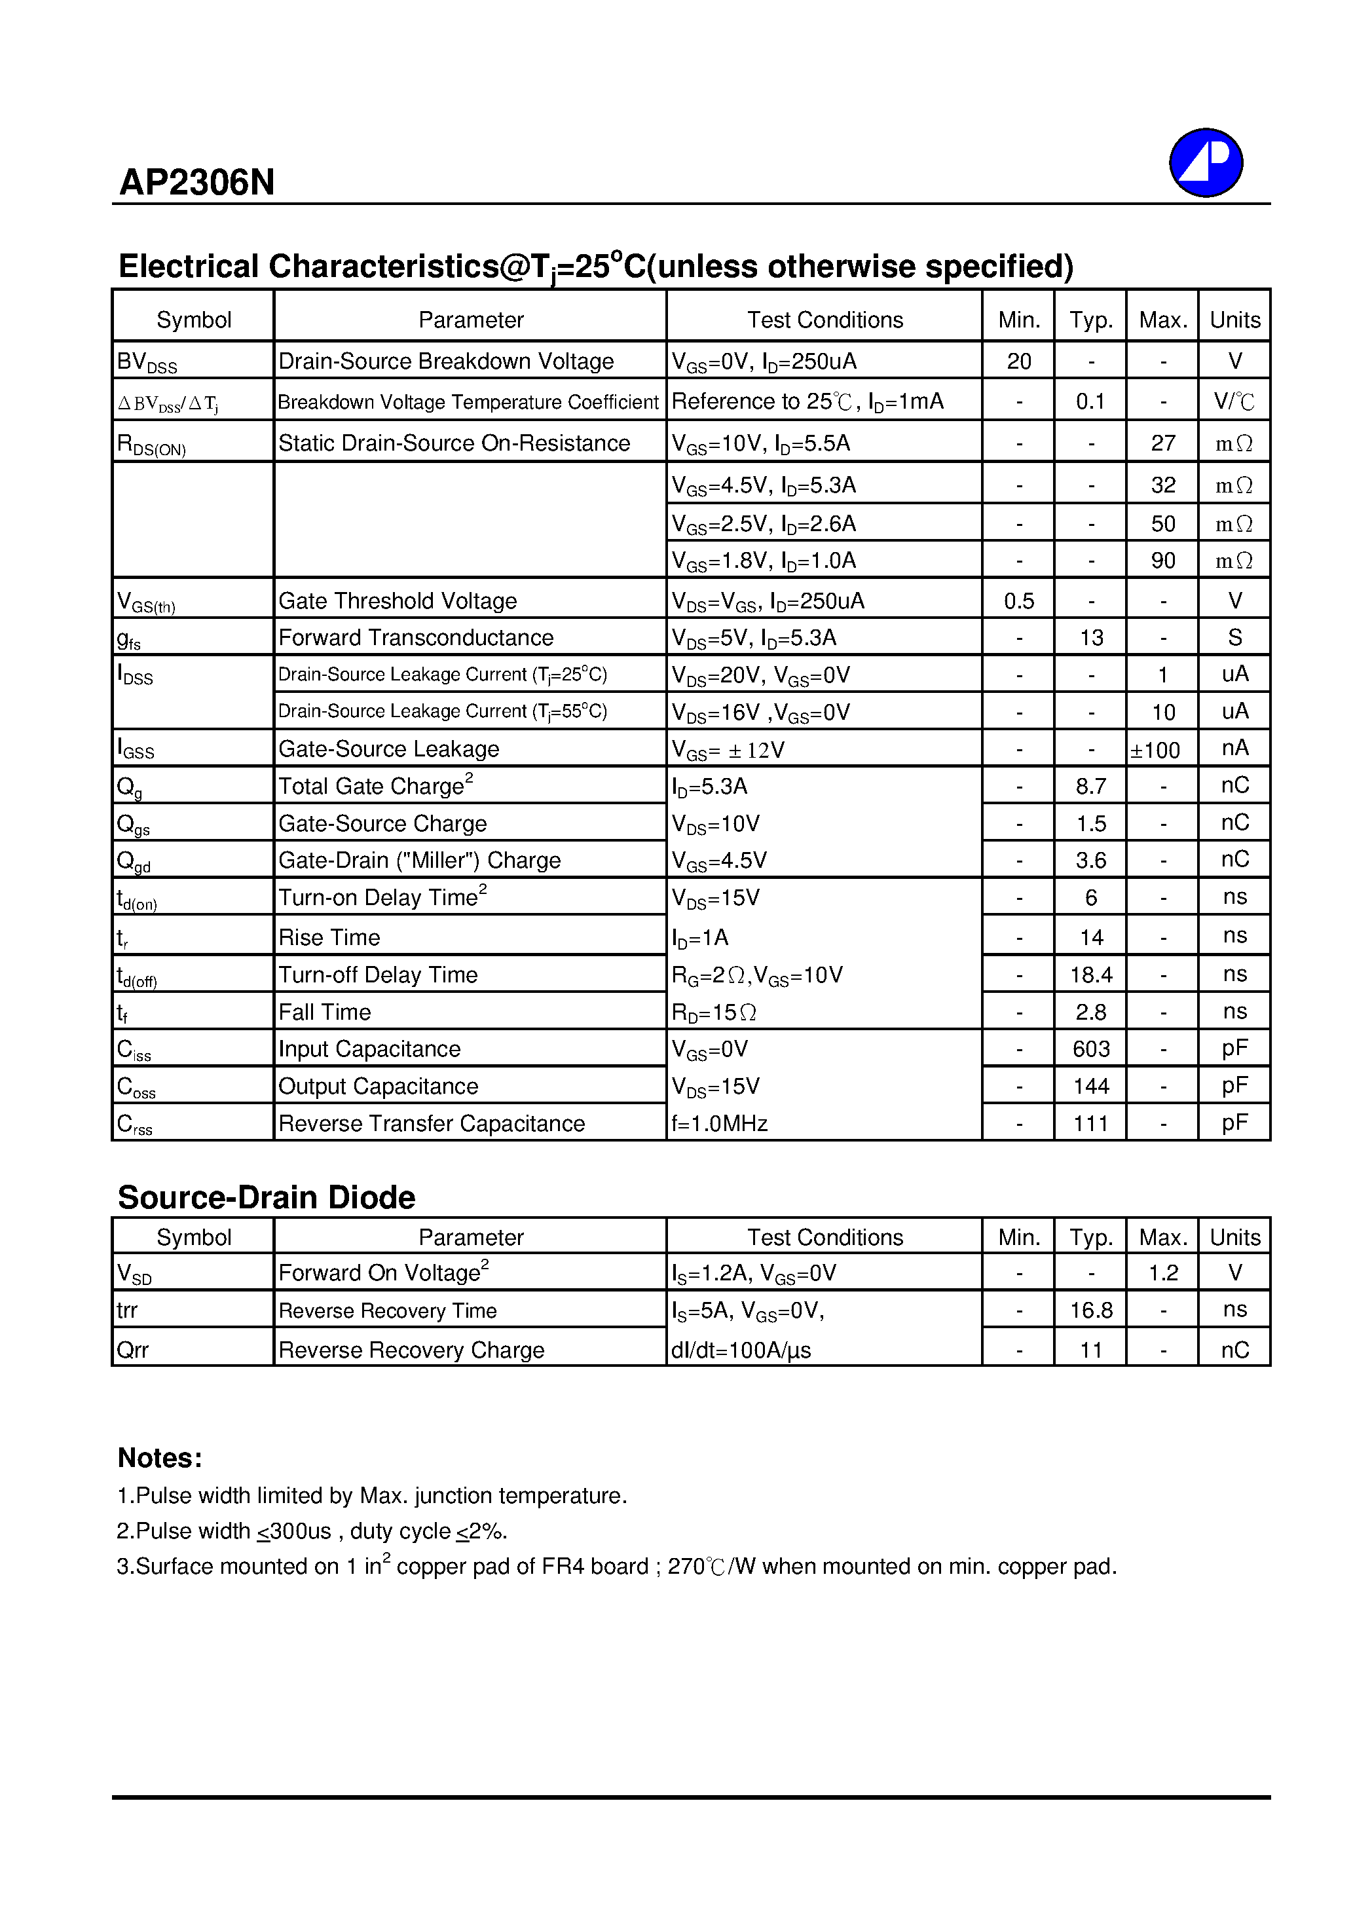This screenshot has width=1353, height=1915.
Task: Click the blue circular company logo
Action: pyautogui.click(x=1206, y=162)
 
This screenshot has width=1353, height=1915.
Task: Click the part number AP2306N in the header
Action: pyautogui.click(x=197, y=182)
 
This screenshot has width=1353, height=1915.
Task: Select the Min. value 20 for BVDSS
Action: pyautogui.click(x=1018, y=361)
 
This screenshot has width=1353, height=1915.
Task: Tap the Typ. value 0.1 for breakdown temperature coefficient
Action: pyautogui.click(x=1090, y=402)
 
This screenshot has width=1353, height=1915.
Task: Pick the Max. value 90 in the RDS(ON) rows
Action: pyautogui.click(x=1163, y=561)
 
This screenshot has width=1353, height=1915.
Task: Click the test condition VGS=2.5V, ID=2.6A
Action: pyautogui.click(x=763, y=524)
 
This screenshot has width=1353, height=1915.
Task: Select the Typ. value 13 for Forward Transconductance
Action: pyautogui.click(x=1091, y=638)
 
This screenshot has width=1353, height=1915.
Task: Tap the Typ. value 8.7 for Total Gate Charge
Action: pyautogui.click(x=1091, y=786)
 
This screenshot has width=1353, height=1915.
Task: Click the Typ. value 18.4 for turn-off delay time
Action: pyautogui.click(x=1091, y=975)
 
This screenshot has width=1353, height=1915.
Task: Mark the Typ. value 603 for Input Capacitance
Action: pyautogui.click(x=1091, y=1049)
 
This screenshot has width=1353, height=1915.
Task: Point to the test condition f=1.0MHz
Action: pyautogui.click(x=719, y=1123)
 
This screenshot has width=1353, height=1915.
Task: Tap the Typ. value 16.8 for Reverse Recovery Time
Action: pyautogui.click(x=1091, y=1311)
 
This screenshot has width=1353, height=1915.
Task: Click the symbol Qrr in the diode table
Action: pyautogui.click(x=133, y=1350)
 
